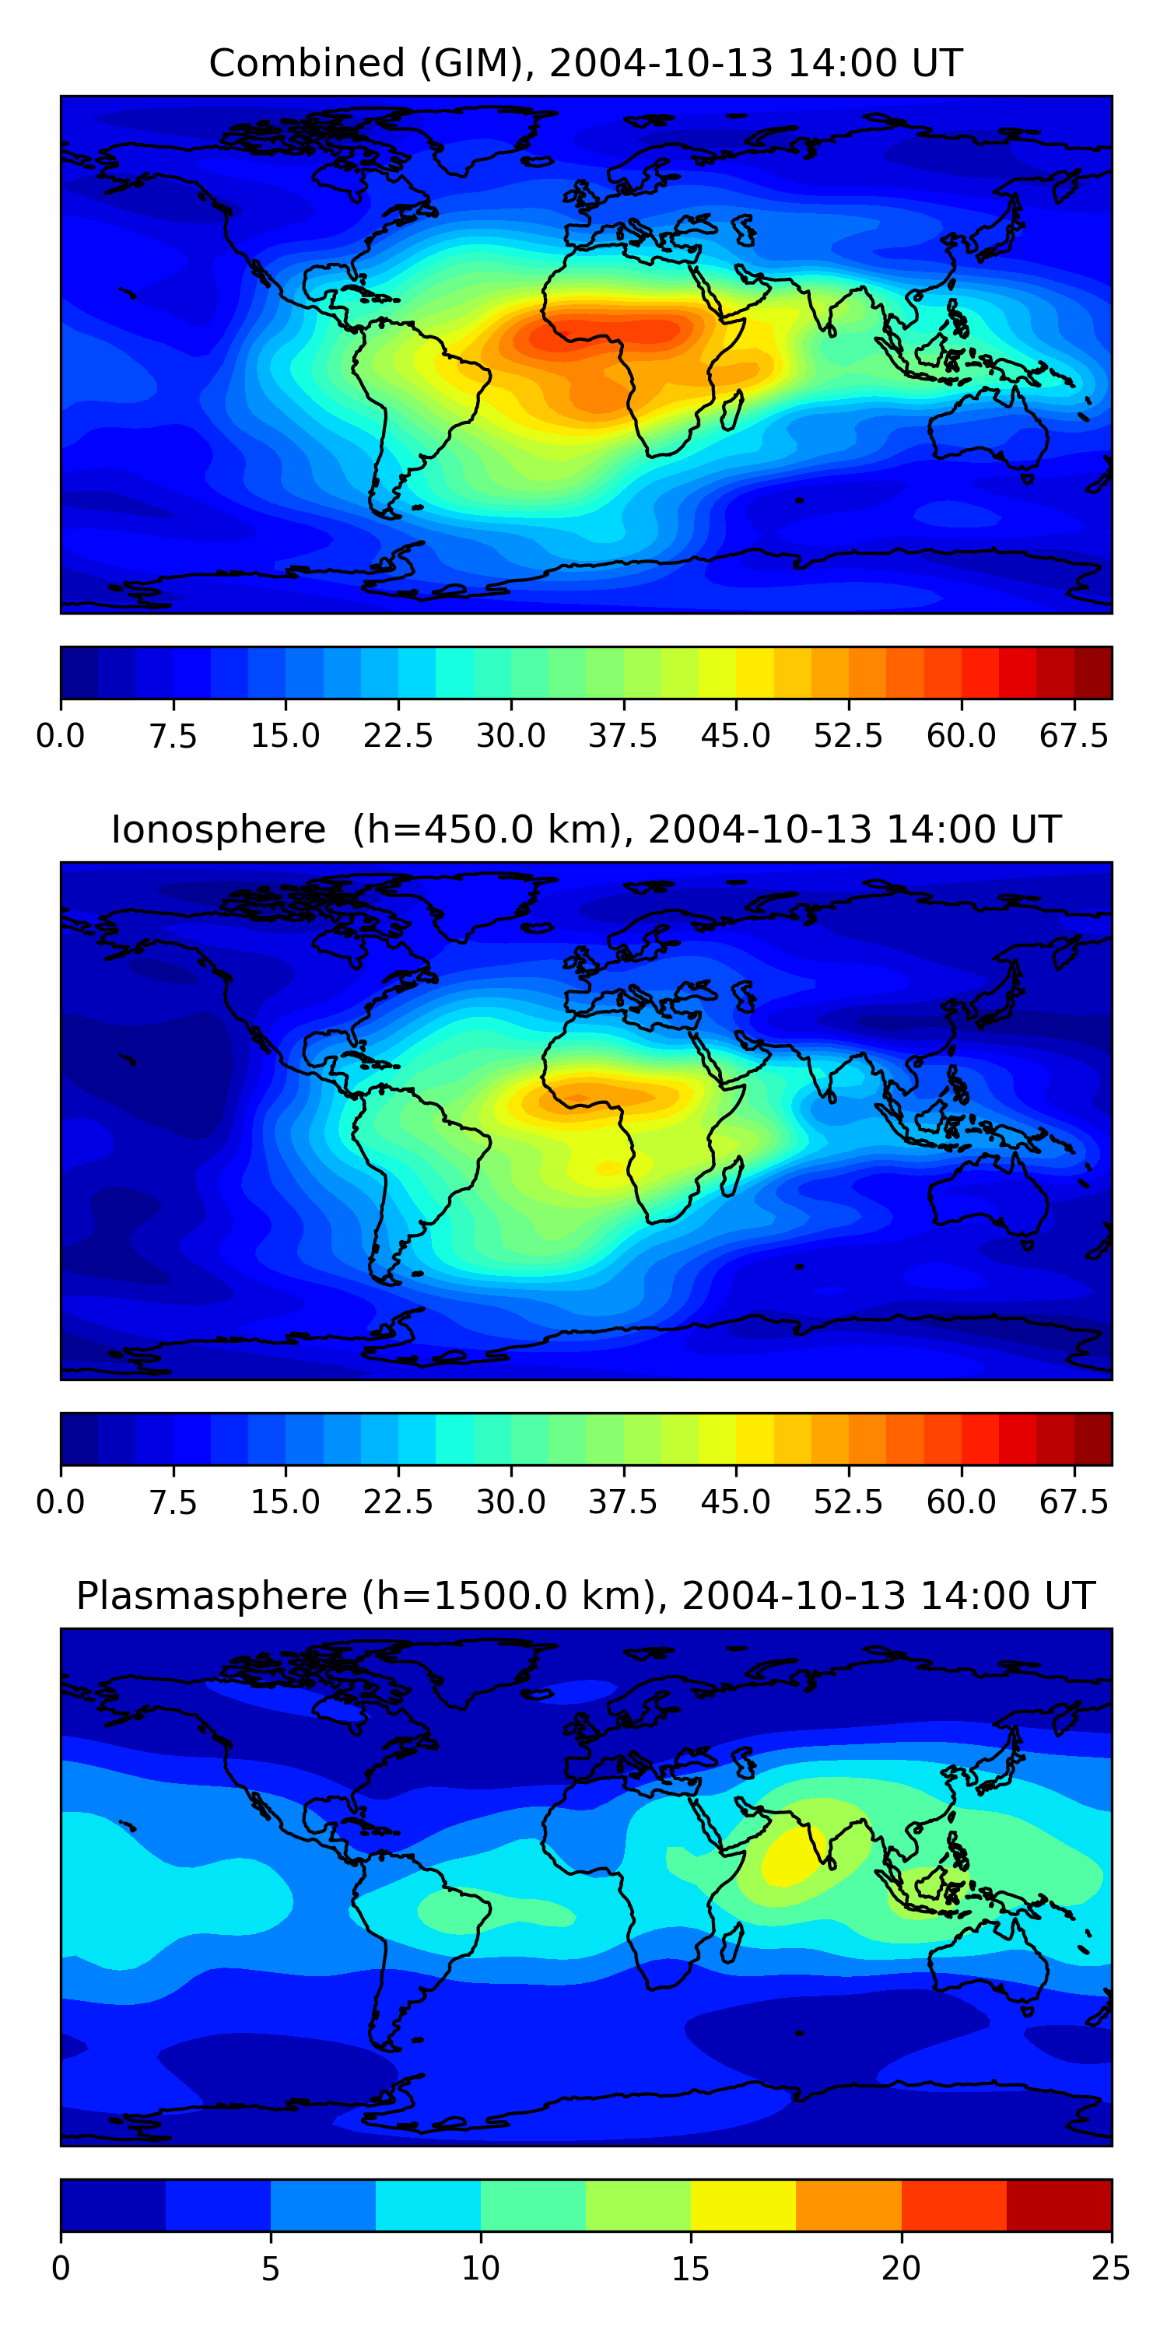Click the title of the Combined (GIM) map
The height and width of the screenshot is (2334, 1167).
(585, 64)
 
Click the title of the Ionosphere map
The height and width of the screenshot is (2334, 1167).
(585, 829)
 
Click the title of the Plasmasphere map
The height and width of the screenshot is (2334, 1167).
(585, 1596)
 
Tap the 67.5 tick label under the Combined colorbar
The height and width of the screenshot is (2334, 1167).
(1074, 736)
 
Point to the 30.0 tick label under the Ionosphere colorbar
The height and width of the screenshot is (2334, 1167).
(511, 1502)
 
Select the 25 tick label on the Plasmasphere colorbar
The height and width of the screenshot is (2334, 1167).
(1111, 2268)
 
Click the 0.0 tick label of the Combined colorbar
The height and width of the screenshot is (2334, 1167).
(61, 736)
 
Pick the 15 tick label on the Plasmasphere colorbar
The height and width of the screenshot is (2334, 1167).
(690, 2268)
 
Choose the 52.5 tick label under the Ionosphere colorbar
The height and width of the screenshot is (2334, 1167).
(848, 1502)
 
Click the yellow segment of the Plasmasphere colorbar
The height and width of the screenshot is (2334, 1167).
(743, 2204)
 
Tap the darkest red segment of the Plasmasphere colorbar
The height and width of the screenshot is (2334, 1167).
(1058, 2204)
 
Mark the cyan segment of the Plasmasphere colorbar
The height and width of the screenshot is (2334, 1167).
(428, 2204)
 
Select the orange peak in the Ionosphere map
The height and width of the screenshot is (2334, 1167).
(598, 1097)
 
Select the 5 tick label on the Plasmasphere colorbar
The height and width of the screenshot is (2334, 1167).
(270, 2268)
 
